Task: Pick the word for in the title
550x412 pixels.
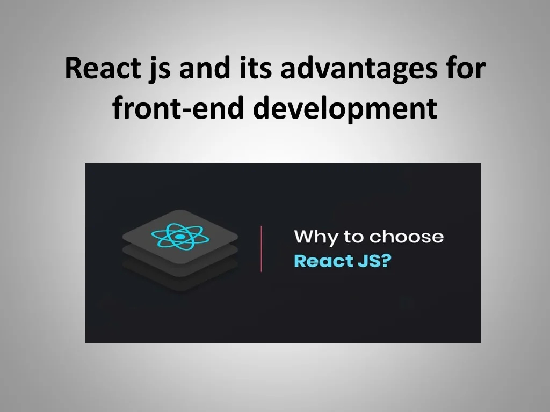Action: click(x=466, y=69)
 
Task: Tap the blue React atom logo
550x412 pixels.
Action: click(x=179, y=235)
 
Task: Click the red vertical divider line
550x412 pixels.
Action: click(x=262, y=248)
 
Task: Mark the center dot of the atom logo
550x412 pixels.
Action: click(x=179, y=236)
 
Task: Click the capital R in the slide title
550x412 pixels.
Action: click(x=74, y=69)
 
